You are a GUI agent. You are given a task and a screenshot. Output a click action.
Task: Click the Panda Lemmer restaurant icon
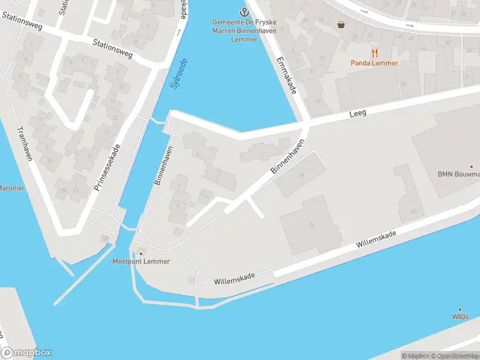(x=374, y=53)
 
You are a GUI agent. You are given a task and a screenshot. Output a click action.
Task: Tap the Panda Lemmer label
(x=374, y=63)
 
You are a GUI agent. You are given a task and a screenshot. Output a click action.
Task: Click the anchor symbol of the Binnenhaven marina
(x=244, y=11)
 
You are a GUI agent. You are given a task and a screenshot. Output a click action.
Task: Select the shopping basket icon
(x=341, y=25)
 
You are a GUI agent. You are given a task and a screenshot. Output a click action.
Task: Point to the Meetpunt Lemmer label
(x=141, y=262)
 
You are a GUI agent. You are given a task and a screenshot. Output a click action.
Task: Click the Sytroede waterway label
(x=179, y=73)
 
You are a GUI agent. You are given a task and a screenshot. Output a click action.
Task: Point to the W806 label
(x=460, y=316)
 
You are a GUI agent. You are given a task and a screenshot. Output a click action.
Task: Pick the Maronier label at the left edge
(x=11, y=188)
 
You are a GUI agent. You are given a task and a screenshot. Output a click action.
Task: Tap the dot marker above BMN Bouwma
(x=472, y=167)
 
